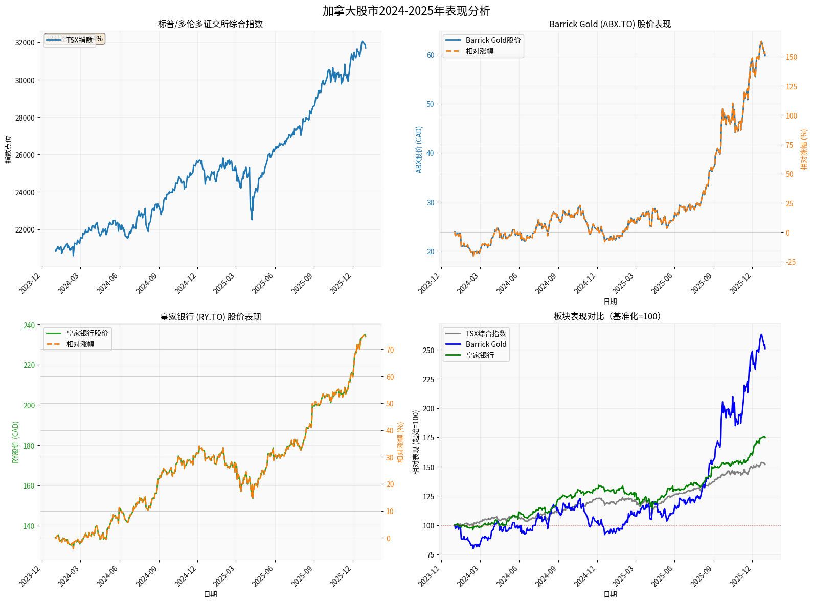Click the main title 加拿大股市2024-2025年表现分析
pyautogui.click(x=406, y=11)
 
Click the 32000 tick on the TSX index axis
pyautogui.click(x=25, y=43)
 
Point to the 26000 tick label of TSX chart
pyautogui.click(x=25, y=155)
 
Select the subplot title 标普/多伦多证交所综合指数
pyautogui.click(x=210, y=24)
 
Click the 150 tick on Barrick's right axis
pyautogui.click(x=791, y=57)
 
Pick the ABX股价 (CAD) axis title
pyautogui.click(x=419, y=149)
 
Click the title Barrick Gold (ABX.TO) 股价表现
pyautogui.click(x=609, y=24)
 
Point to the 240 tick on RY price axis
pyautogui.click(x=30, y=326)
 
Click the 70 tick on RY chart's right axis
pyautogui.click(x=390, y=350)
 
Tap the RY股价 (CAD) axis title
pyautogui.click(x=15, y=442)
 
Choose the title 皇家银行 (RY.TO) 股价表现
pyautogui.click(x=210, y=317)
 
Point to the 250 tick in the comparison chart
pyautogui.click(x=428, y=351)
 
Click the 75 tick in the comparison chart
pyautogui.click(x=431, y=555)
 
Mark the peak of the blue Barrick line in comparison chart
pyautogui.click(x=761, y=335)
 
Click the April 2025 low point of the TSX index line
pyautogui.click(x=252, y=219)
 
